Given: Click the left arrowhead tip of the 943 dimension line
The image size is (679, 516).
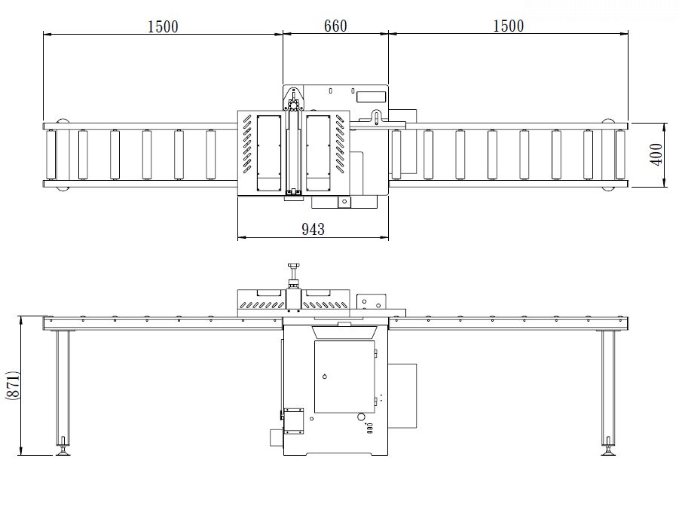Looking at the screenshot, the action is coord(238,237).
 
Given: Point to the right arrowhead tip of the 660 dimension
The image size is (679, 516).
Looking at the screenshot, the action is coord(388,34).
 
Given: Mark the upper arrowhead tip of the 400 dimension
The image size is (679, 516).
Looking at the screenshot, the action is coord(665,124).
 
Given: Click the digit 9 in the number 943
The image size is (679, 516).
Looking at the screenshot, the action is coord(306,229).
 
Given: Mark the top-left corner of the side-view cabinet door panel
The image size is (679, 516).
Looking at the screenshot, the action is coord(314,341).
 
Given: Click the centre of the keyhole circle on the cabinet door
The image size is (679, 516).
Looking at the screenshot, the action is coord(325,376).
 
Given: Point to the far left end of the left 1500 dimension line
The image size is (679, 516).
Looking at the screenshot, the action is coord(44,34).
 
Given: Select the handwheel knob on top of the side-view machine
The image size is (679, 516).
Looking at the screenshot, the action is coord(294,265).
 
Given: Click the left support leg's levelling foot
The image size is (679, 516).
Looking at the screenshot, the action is coord(63,450).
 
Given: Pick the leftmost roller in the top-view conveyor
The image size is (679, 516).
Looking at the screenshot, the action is coord(51,154).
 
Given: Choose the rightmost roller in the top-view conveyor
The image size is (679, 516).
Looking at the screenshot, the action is coord(620,154).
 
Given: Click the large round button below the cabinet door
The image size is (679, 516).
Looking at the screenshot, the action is coord(361,417).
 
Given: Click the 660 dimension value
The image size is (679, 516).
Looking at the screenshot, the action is coord(335,26).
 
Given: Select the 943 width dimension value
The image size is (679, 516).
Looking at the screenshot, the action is coord(313,229).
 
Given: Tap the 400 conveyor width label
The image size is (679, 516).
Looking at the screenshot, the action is coord(656,154).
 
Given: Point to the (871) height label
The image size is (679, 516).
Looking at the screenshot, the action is coord(13,385).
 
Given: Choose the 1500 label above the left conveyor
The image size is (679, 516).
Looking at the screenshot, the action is coord(163,27).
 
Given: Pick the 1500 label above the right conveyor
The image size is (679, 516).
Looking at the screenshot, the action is coord(509,26).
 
